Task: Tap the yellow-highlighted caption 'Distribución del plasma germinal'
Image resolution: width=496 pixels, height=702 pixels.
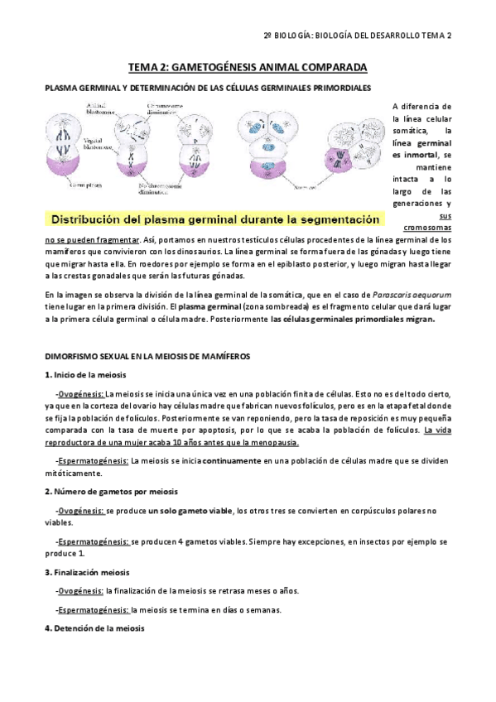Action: click(x=215, y=219)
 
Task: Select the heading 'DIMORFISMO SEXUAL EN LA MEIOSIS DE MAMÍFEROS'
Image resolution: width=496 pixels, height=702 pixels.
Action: click(x=153, y=355)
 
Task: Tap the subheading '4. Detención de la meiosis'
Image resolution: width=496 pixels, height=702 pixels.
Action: click(x=94, y=629)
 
